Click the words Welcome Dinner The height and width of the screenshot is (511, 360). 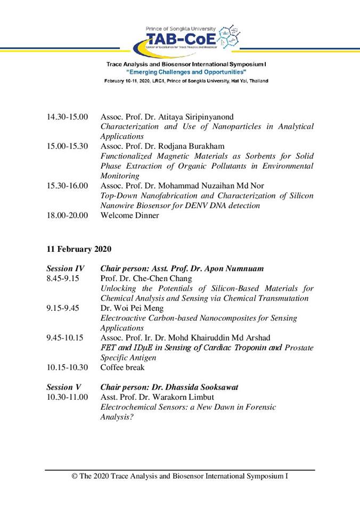[x=129, y=216]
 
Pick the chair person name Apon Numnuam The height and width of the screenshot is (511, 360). [x=234, y=269]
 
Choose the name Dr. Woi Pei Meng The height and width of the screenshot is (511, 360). [x=134, y=308]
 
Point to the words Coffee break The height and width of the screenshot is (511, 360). [x=122, y=367]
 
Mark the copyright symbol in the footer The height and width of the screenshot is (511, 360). [x=75, y=476]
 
